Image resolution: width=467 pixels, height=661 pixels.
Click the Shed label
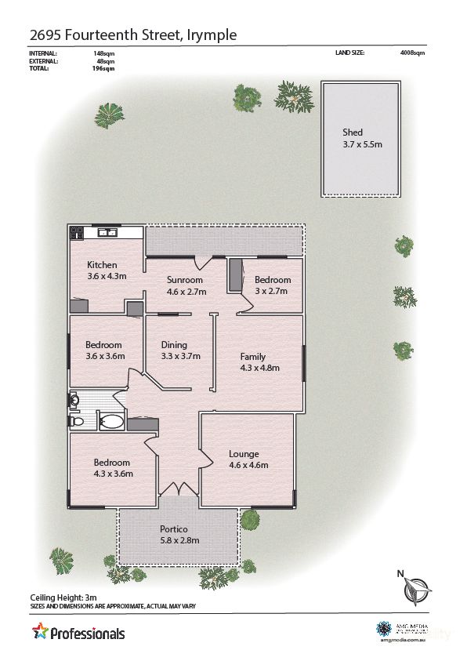point(353,133)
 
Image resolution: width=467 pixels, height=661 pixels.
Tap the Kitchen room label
point(102,265)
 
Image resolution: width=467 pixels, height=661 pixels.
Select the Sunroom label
point(185,280)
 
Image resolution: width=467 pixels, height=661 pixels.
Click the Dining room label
point(174,344)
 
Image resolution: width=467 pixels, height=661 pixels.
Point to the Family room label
point(253,356)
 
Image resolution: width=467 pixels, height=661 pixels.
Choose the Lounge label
point(244,454)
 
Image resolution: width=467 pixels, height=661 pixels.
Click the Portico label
point(173,528)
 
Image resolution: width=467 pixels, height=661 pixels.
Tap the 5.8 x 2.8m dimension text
point(180,540)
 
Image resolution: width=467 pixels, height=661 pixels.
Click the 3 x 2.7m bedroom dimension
point(272,291)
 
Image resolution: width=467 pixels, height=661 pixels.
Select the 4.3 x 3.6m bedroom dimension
point(113,473)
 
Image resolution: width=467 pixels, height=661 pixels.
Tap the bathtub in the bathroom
point(112,423)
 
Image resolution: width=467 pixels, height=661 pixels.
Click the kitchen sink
point(107,232)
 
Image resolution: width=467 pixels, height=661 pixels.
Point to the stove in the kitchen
point(77,232)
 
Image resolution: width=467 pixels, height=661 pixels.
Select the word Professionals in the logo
point(87,633)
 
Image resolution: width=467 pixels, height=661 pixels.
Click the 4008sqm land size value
point(412,53)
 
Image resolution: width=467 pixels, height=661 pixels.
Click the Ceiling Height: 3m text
point(63,597)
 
